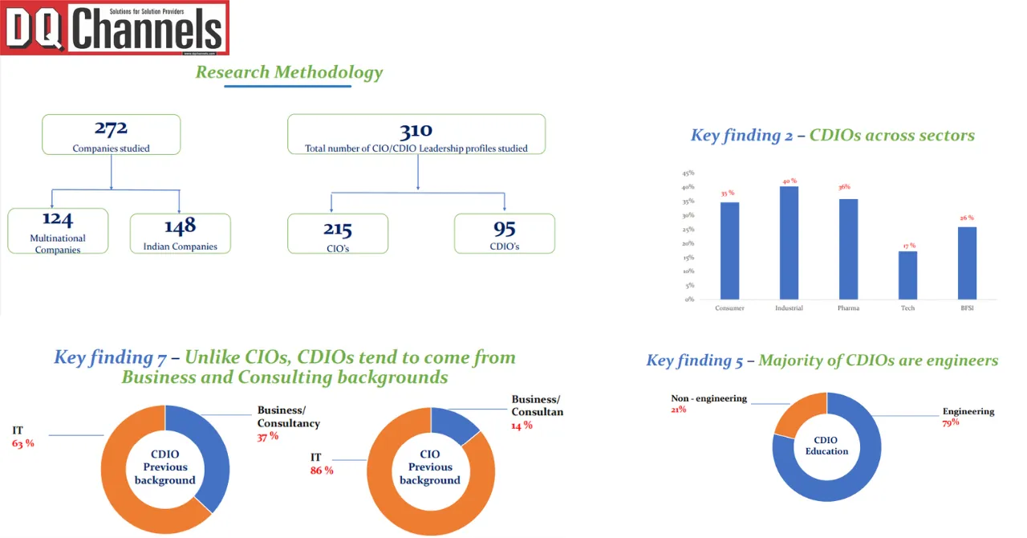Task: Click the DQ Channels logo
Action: [115, 28]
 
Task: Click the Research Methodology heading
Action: [289, 72]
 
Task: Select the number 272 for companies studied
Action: [111, 128]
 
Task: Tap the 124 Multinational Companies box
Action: [58, 230]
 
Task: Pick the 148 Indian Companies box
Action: [180, 233]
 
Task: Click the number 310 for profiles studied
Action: [416, 130]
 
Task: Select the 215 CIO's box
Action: [338, 233]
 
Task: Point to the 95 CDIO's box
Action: [505, 233]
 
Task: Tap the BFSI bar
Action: [967, 263]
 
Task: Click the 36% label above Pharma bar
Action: [844, 187]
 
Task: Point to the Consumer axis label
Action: [729, 308]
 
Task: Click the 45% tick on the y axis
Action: [688, 173]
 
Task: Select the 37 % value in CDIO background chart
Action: [268, 436]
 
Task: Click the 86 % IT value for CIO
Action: [322, 471]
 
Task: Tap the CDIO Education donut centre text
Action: [826, 446]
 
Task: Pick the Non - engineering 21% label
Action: [708, 404]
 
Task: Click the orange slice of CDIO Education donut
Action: [799, 414]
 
